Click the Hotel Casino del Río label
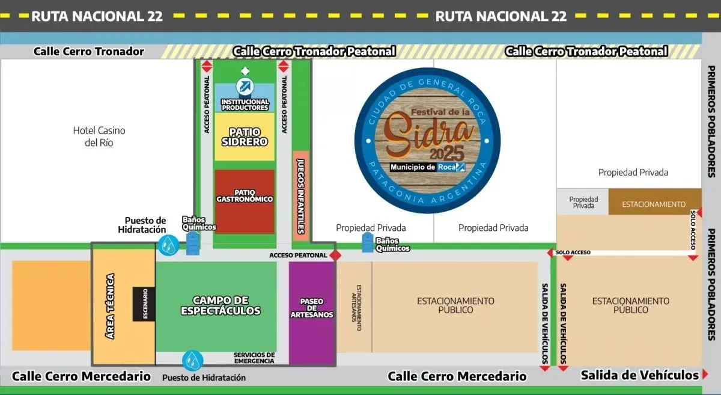point(99,136)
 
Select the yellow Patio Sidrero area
point(245,136)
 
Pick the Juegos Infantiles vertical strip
point(300,196)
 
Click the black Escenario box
point(144,304)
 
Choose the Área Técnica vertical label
point(110,306)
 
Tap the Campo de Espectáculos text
point(221,305)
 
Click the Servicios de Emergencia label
point(254,358)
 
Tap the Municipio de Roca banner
point(427,167)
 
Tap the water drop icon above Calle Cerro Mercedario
point(192,360)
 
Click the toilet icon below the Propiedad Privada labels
point(368,243)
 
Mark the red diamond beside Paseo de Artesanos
point(335,256)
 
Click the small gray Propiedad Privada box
point(583,202)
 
